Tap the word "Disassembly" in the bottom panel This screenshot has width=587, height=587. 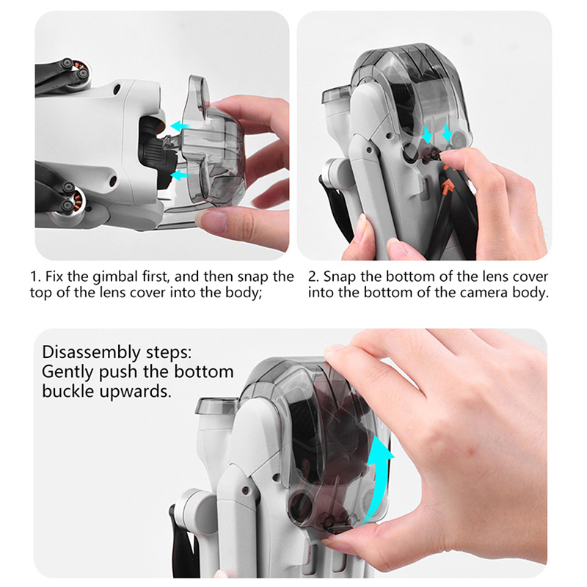pos(90,353)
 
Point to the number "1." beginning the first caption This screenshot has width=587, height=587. pos(35,277)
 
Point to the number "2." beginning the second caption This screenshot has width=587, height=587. pos(313,277)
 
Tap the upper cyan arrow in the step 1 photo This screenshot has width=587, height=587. pos(179,125)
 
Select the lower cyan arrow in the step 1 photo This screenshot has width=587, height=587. pos(179,175)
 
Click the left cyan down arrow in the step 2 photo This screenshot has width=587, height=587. pos(427,134)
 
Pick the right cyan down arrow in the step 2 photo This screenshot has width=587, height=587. pos(447,133)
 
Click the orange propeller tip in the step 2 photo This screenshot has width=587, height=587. pos(447,186)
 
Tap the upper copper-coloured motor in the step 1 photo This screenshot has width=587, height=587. pos(81,72)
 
